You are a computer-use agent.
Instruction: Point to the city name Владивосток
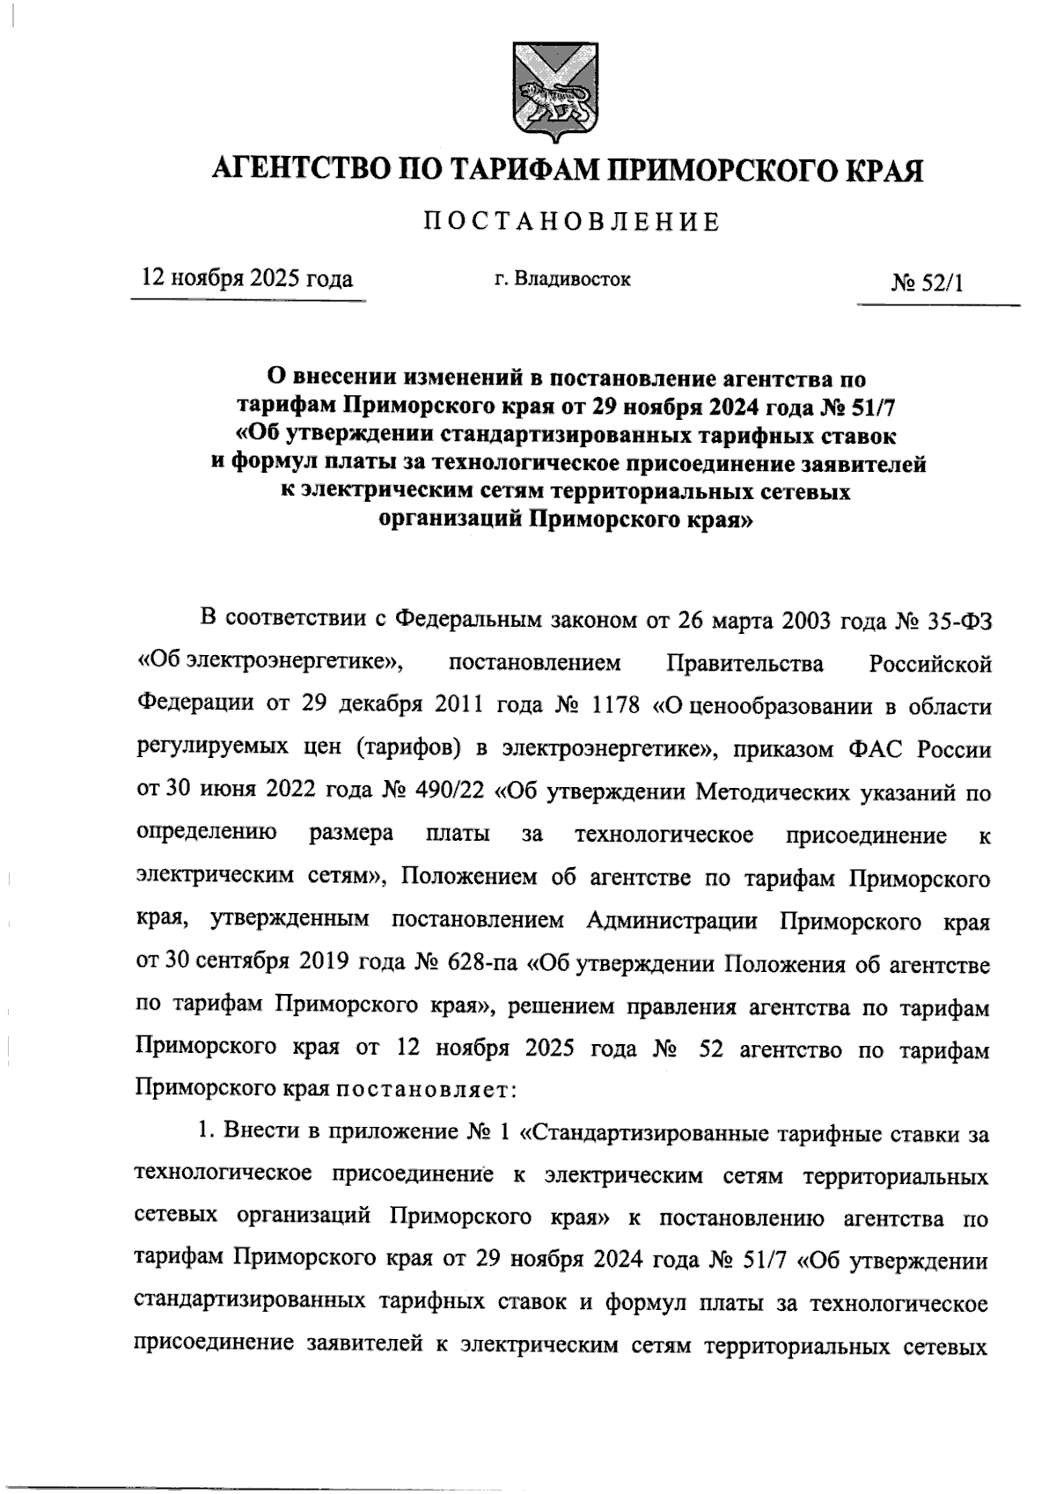[x=572, y=280]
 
